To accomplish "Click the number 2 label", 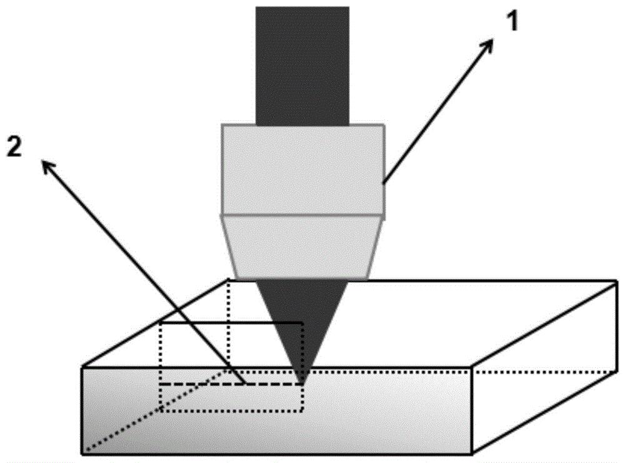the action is (15, 148).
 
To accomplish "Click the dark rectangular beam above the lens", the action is (302, 66).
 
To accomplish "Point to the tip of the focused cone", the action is (303, 382).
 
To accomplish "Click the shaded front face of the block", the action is (277, 410).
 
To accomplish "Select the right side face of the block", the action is (545, 367).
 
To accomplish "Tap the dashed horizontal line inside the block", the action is (231, 384).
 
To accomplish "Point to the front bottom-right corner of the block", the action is (472, 454).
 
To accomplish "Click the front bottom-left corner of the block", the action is (82, 454).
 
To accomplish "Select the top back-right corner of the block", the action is (617, 281).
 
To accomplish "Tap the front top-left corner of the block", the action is (82, 367).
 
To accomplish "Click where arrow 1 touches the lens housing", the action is (384, 183).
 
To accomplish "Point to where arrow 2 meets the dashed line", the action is (244, 384).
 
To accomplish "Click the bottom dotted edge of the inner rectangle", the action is (232, 410).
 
